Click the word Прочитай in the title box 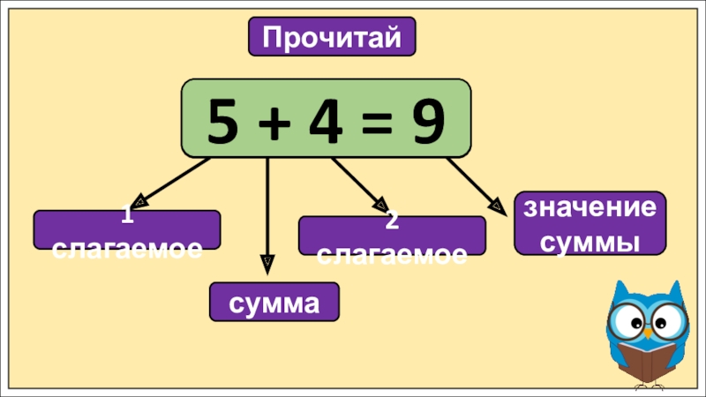[x=332, y=37]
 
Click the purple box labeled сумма [x=274, y=303]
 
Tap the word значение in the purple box [x=590, y=209]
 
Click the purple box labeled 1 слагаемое [x=126, y=229]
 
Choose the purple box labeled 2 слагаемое [x=392, y=236]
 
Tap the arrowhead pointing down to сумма [x=267, y=262]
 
